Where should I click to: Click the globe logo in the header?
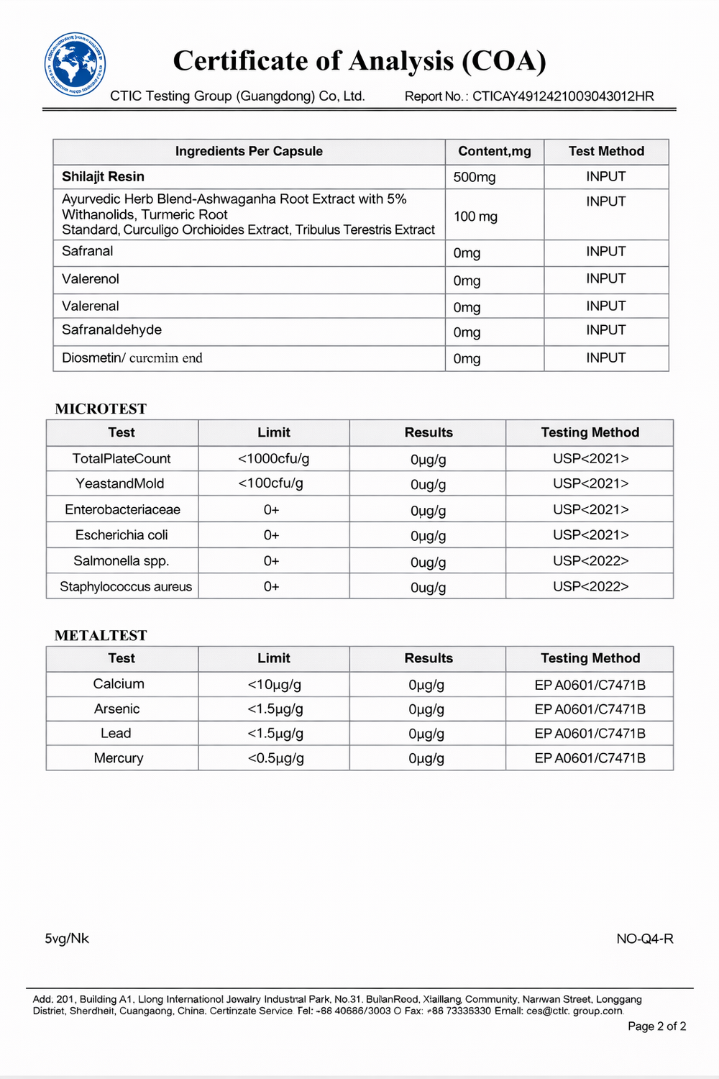point(75,65)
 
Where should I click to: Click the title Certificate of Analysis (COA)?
point(359,60)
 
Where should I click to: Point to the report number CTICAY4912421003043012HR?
point(563,96)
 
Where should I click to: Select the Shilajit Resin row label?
point(103,176)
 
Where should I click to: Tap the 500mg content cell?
point(475,177)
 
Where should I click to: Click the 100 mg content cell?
point(475,216)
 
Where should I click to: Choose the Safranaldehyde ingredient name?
point(111,329)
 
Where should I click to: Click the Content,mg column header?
point(495,151)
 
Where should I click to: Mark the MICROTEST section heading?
point(101,409)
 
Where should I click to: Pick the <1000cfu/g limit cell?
point(273,458)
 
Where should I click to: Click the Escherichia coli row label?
point(122,534)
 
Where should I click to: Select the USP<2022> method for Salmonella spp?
point(590,560)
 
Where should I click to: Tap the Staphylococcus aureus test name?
point(126,586)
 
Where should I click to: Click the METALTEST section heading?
point(101,635)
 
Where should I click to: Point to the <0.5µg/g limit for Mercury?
point(275,757)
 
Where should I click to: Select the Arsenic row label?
point(117,709)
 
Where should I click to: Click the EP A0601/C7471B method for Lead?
point(590,733)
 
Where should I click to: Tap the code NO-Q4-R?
point(644,938)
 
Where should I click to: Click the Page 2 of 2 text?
point(656,1026)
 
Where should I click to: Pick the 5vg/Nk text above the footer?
point(67,938)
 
